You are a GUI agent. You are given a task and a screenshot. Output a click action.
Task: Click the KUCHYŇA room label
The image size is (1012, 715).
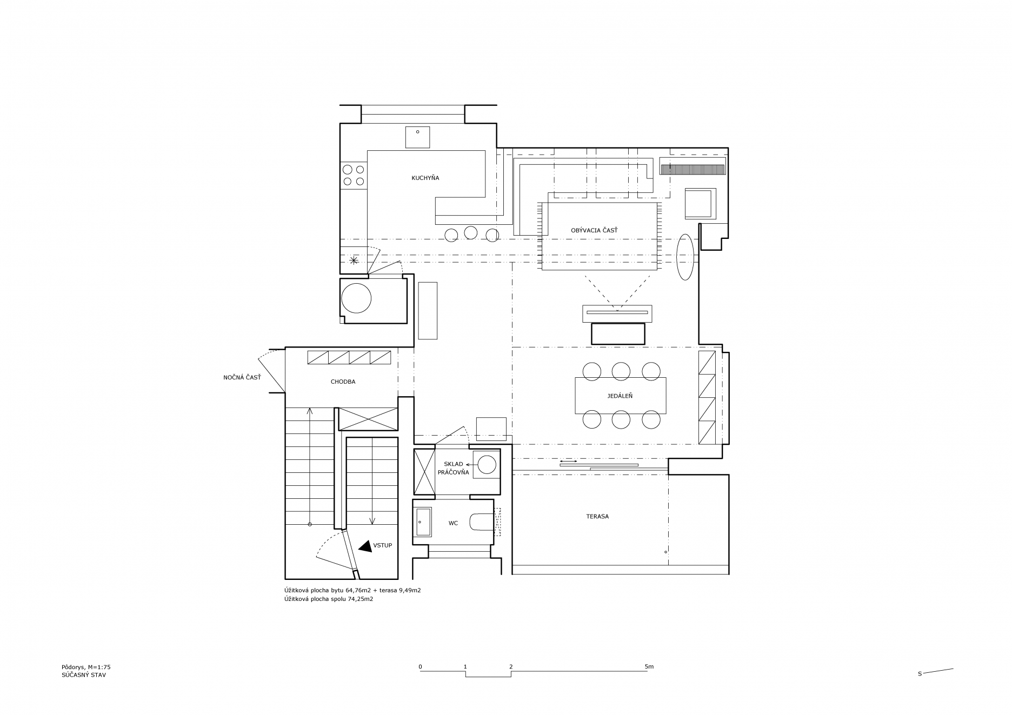pyautogui.click(x=425, y=178)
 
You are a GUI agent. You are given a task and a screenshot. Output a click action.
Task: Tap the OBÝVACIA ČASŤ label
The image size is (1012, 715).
pyautogui.click(x=594, y=231)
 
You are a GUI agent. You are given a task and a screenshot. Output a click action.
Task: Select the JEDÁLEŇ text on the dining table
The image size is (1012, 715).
pyautogui.click(x=620, y=396)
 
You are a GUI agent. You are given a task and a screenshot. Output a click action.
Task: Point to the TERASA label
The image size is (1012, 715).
pyautogui.click(x=597, y=517)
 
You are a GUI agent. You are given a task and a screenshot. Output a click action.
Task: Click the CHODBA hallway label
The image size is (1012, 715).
pyautogui.click(x=343, y=382)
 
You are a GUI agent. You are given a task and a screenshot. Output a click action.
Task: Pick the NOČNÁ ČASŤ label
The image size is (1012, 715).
pyautogui.click(x=242, y=377)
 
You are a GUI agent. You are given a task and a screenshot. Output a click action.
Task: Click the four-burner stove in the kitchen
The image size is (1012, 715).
pyautogui.click(x=354, y=175)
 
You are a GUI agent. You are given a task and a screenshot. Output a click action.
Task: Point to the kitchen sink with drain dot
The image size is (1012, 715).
pyautogui.click(x=417, y=137)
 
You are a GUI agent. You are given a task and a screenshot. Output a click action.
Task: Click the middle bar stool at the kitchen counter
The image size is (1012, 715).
pyautogui.click(x=471, y=232)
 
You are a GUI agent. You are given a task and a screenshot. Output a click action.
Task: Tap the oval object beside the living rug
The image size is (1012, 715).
pyautogui.click(x=685, y=257)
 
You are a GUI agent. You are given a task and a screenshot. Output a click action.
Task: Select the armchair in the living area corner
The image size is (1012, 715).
pyautogui.click(x=700, y=203)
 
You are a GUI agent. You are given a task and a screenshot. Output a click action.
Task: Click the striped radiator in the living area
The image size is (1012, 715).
pyautogui.click(x=693, y=170)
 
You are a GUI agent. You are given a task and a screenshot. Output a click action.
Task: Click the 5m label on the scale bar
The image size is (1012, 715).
pyautogui.click(x=649, y=666)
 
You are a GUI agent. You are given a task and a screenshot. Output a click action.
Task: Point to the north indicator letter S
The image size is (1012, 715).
pyautogui.click(x=920, y=674)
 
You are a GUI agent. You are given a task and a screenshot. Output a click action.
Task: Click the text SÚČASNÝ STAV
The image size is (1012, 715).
pyautogui.click(x=84, y=674)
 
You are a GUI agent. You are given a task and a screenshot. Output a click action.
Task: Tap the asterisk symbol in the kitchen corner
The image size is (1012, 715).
pyautogui.click(x=354, y=261)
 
